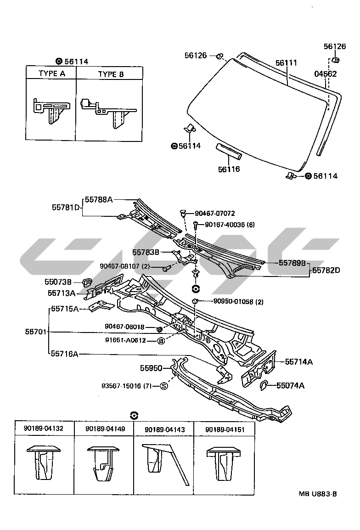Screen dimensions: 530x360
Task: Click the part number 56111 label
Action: [286, 62]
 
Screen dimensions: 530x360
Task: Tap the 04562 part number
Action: [326, 73]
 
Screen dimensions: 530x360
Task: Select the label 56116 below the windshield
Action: [229, 169]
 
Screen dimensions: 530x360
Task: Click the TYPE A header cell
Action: [51, 73]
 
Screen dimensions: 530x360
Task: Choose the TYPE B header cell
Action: [111, 74]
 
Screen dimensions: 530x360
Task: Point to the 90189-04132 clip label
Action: [44, 428]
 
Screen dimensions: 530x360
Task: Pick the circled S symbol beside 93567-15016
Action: [163, 386]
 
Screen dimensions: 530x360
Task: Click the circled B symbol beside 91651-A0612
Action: [161, 340]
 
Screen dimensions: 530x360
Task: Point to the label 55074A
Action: [290, 385]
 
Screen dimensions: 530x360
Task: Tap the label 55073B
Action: [58, 282]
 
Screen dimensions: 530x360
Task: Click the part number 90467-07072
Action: [214, 213]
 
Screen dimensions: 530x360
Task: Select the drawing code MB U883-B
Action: [318, 494]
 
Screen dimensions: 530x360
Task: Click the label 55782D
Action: [326, 270]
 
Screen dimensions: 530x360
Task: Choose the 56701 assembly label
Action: [36, 331]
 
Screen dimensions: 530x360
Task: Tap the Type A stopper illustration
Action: [51, 109]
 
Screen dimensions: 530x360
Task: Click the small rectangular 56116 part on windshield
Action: [228, 150]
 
